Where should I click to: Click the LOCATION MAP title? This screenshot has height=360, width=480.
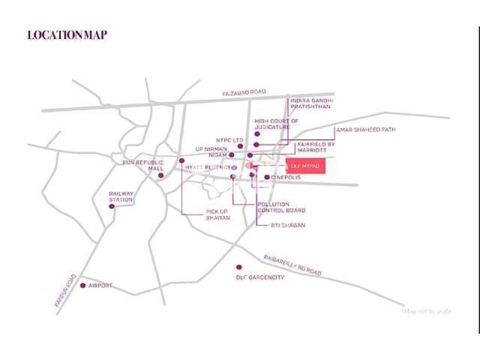(67, 35)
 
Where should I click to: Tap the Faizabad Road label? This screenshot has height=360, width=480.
(243, 93)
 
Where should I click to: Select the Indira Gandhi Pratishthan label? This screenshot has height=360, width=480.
(312, 104)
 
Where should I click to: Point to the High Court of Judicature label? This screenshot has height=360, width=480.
(277, 123)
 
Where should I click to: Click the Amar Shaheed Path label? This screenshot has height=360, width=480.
(366, 130)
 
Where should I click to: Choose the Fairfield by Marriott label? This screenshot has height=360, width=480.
(316, 148)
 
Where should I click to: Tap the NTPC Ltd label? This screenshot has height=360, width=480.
(230, 140)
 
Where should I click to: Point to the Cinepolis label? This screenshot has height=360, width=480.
(285, 177)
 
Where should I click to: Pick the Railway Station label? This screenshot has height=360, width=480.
(121, 197)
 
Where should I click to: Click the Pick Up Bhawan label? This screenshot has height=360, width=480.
(217, 214)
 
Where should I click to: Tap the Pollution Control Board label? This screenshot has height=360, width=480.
(281, 207)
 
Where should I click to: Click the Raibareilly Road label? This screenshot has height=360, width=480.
(292, 264)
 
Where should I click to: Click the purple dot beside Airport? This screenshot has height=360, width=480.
(83, 286)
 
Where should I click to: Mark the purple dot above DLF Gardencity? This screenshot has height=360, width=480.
(239, 267)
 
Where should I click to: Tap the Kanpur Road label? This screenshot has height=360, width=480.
(66, 292)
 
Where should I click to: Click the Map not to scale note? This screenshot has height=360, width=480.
(426, 311)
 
